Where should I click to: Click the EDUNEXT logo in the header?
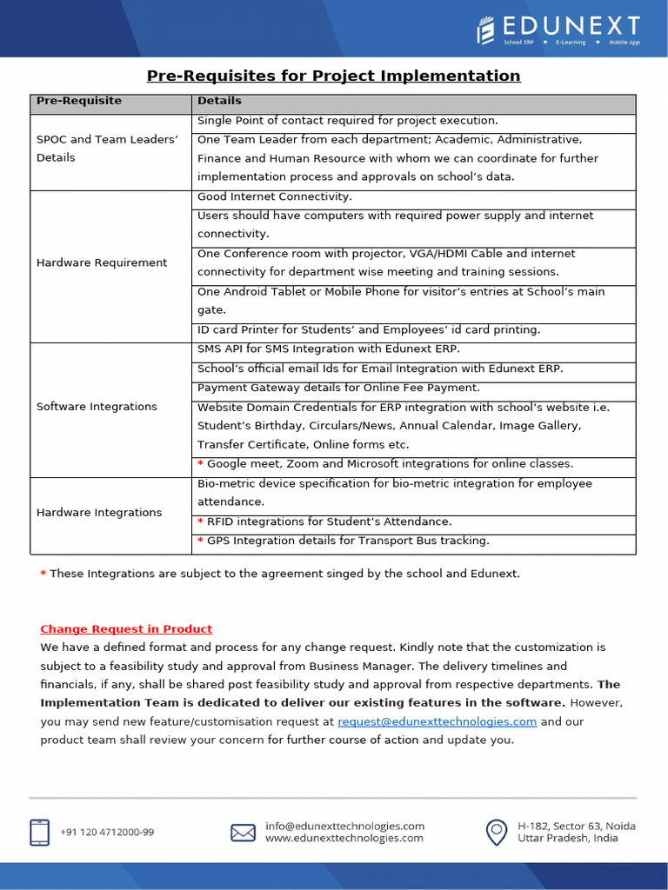point(558,30)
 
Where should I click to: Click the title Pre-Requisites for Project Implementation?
point(333,76)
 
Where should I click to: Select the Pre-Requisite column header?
point(79,102)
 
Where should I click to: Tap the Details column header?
point(219,102)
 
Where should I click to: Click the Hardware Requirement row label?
point(102,262)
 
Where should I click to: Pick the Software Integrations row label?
point(97,407)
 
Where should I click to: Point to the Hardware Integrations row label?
point(99,513)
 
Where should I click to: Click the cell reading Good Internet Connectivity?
point(275,197)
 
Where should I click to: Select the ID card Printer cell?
point(369,330)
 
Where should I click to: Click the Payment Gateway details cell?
point(338,388)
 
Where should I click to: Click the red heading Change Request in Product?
point(126,629)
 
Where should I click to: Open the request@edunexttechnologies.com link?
point(437,722)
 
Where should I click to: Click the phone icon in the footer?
point(40,832)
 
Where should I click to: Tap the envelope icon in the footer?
point(243,833)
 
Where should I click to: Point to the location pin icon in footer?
point(497,832)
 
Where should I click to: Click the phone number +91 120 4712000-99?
point(107,833)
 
